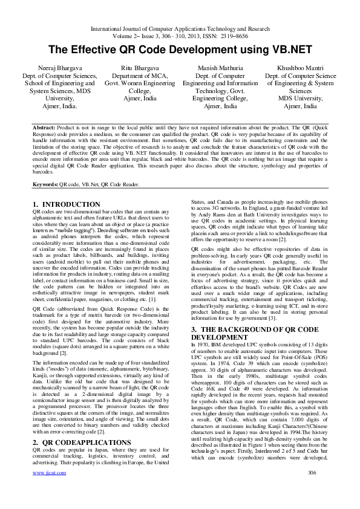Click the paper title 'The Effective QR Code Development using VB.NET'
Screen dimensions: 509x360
[x=180, y=50]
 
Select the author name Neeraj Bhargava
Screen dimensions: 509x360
[x=55, y=69]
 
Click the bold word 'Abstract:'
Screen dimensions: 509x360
[x=44, y=129]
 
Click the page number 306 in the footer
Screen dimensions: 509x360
[x=312, y=489]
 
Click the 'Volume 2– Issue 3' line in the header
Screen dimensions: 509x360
[x=180, y=36]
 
